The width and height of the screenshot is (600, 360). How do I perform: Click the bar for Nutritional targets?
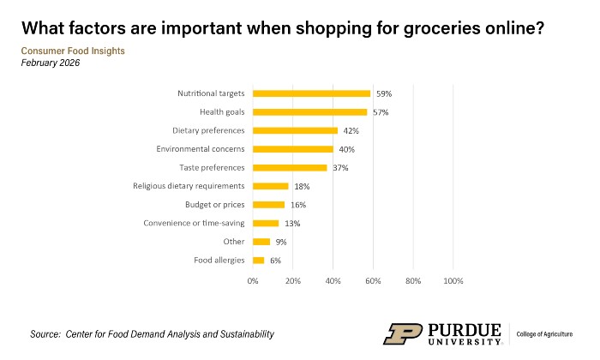point(311,93)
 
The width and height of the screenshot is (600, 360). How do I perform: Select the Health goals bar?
point(309,111)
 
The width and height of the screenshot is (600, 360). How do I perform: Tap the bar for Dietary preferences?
point(295,130)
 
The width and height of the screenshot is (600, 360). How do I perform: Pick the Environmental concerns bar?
point(292,149)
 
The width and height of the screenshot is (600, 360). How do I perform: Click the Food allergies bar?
point(258,260)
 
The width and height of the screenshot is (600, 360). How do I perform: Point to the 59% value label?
point(384,93)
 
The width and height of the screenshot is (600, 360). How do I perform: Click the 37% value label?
point(340,168)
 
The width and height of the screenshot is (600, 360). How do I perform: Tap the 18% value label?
point(302,186)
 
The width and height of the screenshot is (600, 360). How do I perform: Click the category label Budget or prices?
point(214,205)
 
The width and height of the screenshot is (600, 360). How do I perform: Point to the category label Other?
point(233,242)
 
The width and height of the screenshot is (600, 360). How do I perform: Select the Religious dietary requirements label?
point(189,186)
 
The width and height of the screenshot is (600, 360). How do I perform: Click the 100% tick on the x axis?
point(453,280)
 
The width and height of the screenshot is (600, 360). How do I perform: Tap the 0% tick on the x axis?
point(253,280)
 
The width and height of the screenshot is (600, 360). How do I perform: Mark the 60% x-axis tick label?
point(373,280)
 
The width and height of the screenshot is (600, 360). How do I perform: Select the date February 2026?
point(51,63)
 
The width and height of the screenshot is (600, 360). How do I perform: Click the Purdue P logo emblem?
point(400,333)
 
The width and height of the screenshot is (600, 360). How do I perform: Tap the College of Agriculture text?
point(549,333)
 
